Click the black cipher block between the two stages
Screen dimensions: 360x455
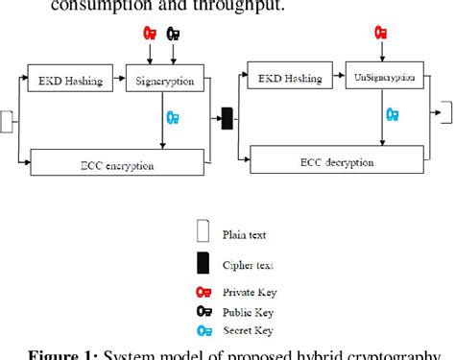pyautogui.click(x=227, y=119)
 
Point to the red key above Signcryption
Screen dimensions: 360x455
pyautogui.click(x=151, y=34)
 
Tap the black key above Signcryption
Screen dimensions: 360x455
pyautogui.click(x=173, y=34)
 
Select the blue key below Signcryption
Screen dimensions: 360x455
pyautogui.click(x=173, y=118)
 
